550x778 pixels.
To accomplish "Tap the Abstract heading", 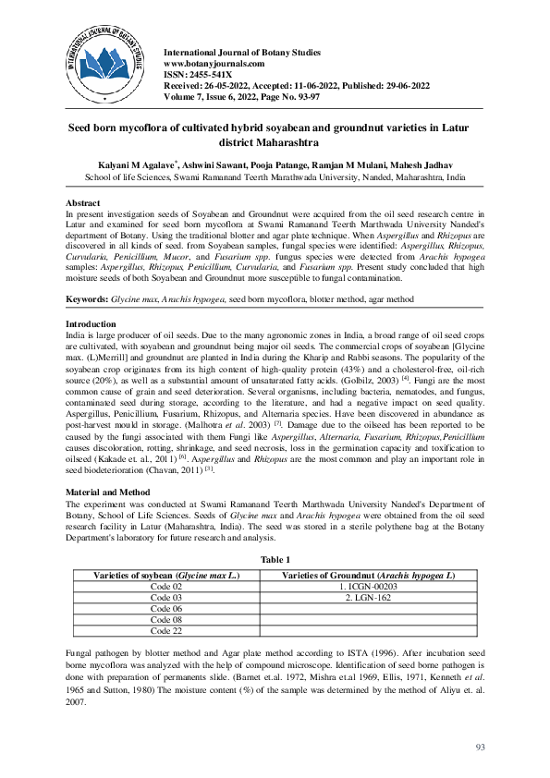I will click(x=83, y=201).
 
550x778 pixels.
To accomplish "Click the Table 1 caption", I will click(x=275, y=560).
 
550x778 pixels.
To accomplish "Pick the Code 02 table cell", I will click(x=166, y=587).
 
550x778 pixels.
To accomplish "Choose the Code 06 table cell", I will click(x=166, y=609).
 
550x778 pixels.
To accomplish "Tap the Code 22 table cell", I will click(x=166, y=631).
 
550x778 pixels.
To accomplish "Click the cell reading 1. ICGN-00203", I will click(x=368, y=587).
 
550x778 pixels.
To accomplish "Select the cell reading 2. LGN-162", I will click(x=368, y=598).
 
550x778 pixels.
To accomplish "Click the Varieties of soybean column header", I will click(x=166, y=576).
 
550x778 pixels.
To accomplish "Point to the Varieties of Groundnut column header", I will click(x=368, y=576).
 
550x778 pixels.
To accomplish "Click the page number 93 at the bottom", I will click(x=480, y=747).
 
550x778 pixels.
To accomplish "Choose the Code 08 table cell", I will click(x=166, y=620).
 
